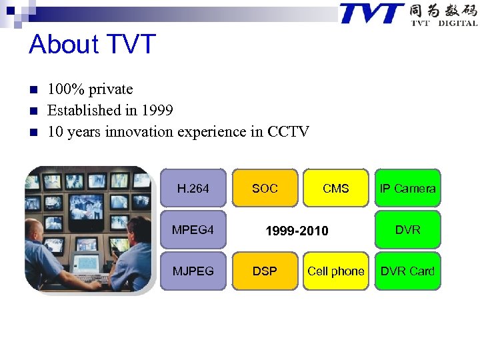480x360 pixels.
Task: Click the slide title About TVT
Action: pyautogui.click(x=92, y=45)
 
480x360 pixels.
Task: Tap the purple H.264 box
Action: pyautogui.click(x=193, y=189)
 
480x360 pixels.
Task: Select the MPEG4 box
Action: pyautogui.click(x=193, y=230)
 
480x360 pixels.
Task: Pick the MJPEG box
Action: pyautogui.click(x=193, y=271)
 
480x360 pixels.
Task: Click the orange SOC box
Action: pyautogui.click(x=265, y=189)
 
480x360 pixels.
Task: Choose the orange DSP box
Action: pyautogui.click(x=265, y=271)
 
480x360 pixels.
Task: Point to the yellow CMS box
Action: pyautogui.click(x=335, y=189)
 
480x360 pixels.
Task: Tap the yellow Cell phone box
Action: pyautogui.click(x=335, y=271)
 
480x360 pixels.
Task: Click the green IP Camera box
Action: pyautogui.click(x=407, y=189)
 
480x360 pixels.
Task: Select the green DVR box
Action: pyautogui.click(x=407, y=230)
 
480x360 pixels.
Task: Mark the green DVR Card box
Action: pyautogui.click(x=407, y=271)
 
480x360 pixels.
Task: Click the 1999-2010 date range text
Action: pyautogui.click(x=297, y=231)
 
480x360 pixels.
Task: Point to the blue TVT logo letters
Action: pyautogui.click(x=371, y=13)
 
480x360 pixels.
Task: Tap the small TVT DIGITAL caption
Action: pyautogui.click(x=444, y=23)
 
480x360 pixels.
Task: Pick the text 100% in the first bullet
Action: pyautogui.click(x=63, y=89)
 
